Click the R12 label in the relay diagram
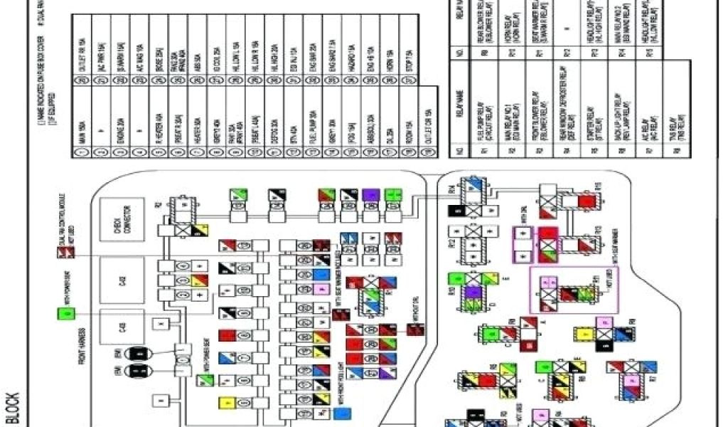(452, 243)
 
